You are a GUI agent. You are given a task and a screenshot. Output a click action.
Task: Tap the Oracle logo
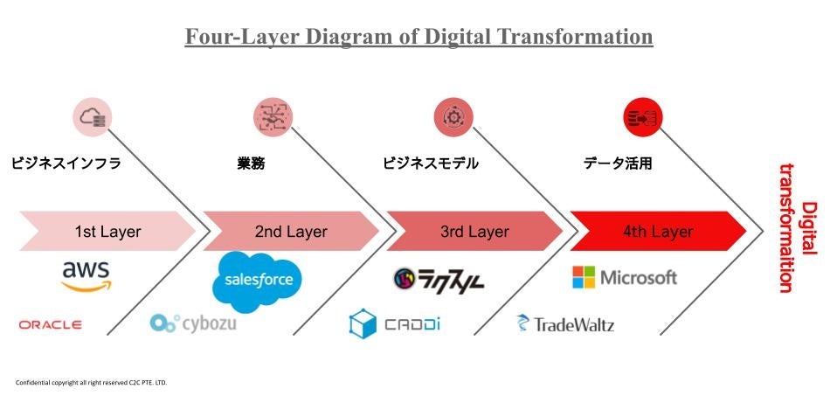coord(51,324)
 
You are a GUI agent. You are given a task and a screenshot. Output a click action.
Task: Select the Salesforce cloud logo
coord(258,281)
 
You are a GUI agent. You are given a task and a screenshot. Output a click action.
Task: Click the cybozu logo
coord(193,323)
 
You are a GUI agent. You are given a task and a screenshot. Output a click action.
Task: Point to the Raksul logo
coord(438,281)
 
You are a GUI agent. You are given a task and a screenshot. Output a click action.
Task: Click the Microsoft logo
coord(624,277)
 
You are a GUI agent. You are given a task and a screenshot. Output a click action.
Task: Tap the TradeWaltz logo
coord(565,324)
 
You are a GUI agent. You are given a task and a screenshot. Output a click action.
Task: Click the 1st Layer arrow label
coord(107,232)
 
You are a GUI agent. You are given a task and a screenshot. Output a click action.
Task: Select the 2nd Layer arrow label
coord(291,232)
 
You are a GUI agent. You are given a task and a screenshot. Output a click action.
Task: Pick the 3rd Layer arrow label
coord(474,232)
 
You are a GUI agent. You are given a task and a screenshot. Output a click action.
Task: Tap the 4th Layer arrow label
coord(658,232)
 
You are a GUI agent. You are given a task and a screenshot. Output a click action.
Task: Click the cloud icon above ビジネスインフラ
coord(93,117)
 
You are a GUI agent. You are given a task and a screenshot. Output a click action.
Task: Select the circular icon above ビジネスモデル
coord(453,117)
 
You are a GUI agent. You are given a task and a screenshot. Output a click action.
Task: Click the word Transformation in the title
coord(571,37)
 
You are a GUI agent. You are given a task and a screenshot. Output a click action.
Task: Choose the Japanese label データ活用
coord(618,163)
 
